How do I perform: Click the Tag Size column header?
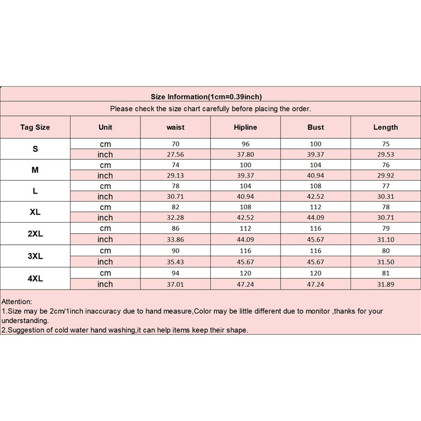35,127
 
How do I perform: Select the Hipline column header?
245,127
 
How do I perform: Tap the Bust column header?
316,127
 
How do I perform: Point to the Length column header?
386,127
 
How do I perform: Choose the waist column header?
175,127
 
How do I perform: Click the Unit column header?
105,127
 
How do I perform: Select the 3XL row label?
35,256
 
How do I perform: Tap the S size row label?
35,149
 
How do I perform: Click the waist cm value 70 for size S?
175,144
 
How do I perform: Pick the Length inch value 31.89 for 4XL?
386,284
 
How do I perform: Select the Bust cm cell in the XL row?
316,207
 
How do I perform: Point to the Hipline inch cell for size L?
245,196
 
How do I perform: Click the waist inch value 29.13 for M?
175,175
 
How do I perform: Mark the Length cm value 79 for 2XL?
386,228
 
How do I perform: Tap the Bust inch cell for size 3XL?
316,262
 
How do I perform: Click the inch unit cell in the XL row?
105,217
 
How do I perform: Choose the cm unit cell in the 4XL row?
105,273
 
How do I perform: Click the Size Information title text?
206,97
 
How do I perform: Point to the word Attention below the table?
17,302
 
